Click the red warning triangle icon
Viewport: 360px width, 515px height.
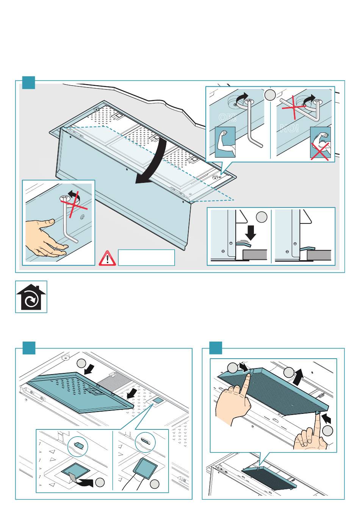107,259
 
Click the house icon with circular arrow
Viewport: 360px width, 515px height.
31,297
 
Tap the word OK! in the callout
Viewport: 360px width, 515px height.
227,117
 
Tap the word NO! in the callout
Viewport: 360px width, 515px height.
290,128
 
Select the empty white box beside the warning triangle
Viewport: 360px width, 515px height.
146,257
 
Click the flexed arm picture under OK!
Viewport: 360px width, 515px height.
225,142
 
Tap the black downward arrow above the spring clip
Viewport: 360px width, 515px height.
250,233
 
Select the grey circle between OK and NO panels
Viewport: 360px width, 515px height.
270,94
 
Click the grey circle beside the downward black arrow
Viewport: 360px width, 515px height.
261,217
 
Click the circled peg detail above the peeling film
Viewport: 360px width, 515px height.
78,446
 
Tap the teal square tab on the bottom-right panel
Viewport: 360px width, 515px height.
216,348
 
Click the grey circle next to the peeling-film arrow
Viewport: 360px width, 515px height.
100,482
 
